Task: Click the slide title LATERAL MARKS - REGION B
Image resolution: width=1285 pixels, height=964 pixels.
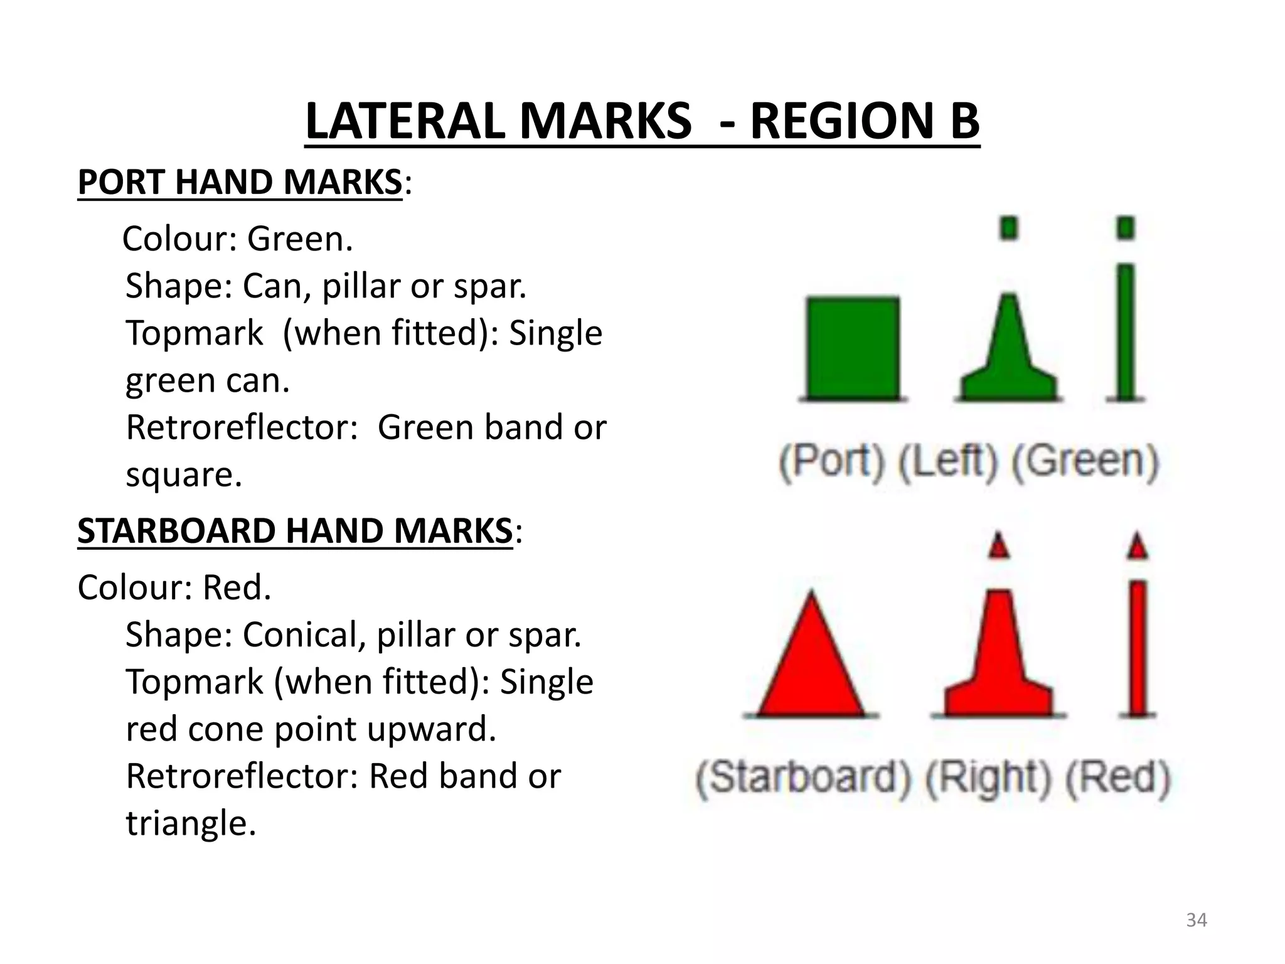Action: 642,120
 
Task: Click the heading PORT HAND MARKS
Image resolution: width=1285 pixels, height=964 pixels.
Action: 240,182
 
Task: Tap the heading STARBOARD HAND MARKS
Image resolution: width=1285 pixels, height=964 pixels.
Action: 295,531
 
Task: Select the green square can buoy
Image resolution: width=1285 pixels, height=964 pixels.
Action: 852,349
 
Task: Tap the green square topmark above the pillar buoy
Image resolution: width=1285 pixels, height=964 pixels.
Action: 1009,227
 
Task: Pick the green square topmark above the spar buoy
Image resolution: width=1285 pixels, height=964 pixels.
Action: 1126,227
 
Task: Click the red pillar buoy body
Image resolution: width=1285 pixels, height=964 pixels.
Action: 999,659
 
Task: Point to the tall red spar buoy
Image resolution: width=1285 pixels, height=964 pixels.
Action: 1138,646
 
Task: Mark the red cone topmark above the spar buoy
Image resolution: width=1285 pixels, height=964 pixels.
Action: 1138,546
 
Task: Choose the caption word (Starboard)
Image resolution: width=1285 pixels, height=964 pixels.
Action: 803,778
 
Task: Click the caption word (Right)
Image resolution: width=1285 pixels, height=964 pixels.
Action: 988,778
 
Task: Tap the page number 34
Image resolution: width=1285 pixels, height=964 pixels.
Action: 1197,920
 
